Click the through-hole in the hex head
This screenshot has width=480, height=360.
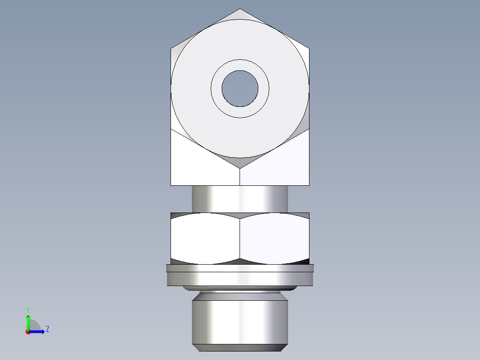pyautogui.click(x=240, y=89)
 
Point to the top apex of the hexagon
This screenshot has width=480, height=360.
pyautogui.click(x=240, y=10)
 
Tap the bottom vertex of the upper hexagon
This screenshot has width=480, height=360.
pyautogui.click(x=240, y=168)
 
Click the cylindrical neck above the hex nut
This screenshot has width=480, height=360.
pyautogui.click(x=240, y=199)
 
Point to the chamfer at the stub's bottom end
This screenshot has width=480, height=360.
pyautogui.click(x=240, y=348)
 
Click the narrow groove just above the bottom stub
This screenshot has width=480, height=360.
pyautogui.click(x=240, y=295)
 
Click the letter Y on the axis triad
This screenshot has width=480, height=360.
pyautogui.click(x=28, y=309)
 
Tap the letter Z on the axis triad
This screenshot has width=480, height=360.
pyautogui.click(x=47, y=329)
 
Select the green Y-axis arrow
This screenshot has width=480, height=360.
pyautogui.click(x=28, y=322)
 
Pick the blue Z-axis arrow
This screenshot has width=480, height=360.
pyautogui.click(x=37, y=331)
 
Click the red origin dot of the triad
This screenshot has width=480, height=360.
pyautogui.click(x=28, y=332)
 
